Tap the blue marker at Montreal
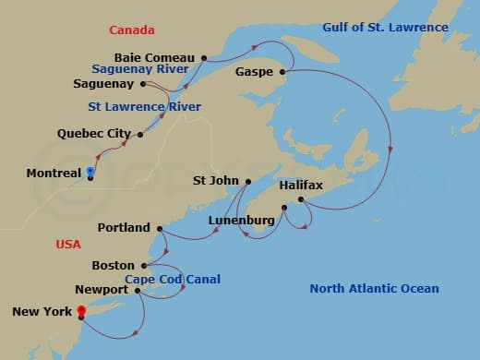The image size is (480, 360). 90,171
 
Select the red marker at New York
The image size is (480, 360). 81,310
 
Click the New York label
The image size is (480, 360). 42,311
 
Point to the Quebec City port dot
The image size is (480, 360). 140,135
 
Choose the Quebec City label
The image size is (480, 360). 94,134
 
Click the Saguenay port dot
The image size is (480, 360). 144,84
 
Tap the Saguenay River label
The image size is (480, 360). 140,68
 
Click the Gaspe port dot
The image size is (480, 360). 282,71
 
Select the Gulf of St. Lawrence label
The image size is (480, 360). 385,28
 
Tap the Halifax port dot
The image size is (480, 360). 300,199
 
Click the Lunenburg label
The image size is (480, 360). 241,221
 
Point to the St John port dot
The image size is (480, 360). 247,181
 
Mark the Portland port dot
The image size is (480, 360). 160,228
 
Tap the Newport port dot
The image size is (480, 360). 138,290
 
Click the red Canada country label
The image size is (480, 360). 132,30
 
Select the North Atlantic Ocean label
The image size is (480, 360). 374,289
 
